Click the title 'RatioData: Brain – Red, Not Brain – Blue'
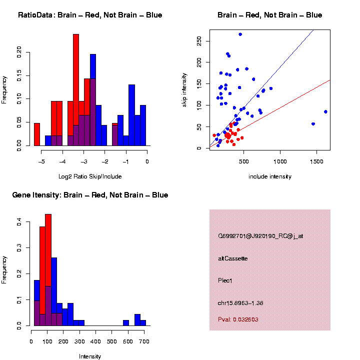coord(90,15)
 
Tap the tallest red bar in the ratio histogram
coord(76,90)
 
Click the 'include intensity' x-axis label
coord(269,176)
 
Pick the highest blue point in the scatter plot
coord(240,34)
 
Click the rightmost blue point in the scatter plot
coord(325,111)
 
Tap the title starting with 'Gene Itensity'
coord(90,195)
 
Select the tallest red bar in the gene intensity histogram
coord(48,270)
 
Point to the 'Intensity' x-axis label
coord(89,356)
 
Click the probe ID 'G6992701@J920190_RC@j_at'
coord(260,236)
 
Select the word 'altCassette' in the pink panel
coord(233,258)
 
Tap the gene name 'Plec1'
coord(225,280)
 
